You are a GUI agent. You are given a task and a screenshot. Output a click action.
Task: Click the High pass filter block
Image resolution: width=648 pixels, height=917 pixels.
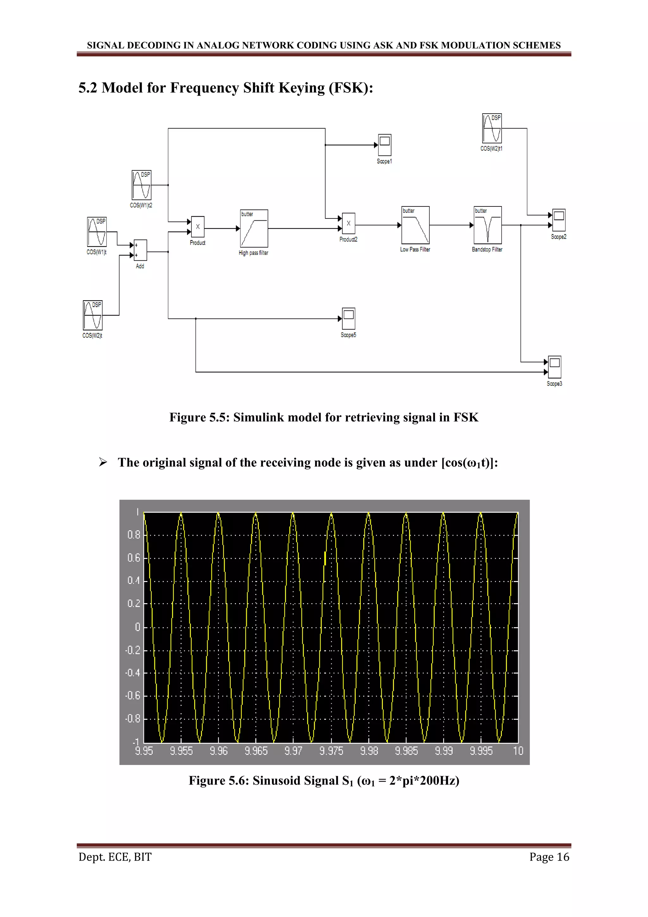[254, 228]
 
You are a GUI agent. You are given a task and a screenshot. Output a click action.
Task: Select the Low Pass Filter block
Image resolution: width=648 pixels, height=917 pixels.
[415, 225]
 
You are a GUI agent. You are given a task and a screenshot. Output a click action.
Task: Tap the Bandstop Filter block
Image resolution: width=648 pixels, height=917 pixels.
[488, 225]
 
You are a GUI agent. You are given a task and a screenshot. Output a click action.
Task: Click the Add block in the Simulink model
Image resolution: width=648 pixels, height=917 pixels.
[140, 250]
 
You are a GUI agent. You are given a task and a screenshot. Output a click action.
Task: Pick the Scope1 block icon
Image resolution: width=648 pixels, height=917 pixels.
[385, 145]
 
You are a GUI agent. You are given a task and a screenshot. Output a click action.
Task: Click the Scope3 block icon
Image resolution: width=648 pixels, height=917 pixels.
[555, 367]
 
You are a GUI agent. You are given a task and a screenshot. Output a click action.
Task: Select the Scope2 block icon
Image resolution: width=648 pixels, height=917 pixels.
[559, 220]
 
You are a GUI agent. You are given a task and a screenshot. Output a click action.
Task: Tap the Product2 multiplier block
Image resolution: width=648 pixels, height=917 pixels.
[349, 224]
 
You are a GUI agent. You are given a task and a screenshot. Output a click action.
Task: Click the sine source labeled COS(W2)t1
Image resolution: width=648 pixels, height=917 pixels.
[492, 128]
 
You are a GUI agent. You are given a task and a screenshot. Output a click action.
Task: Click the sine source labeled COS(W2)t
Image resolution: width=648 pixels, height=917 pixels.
[93, 315]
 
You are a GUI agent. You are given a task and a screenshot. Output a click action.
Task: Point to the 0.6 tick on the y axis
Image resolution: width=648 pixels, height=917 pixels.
[134, 558]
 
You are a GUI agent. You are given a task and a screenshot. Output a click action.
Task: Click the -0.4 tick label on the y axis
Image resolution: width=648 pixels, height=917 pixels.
[133, 673]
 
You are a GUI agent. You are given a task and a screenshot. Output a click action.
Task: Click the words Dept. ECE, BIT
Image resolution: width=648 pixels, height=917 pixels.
[115, 857]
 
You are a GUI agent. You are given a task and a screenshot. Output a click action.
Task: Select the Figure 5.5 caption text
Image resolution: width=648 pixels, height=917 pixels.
[324, 417]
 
